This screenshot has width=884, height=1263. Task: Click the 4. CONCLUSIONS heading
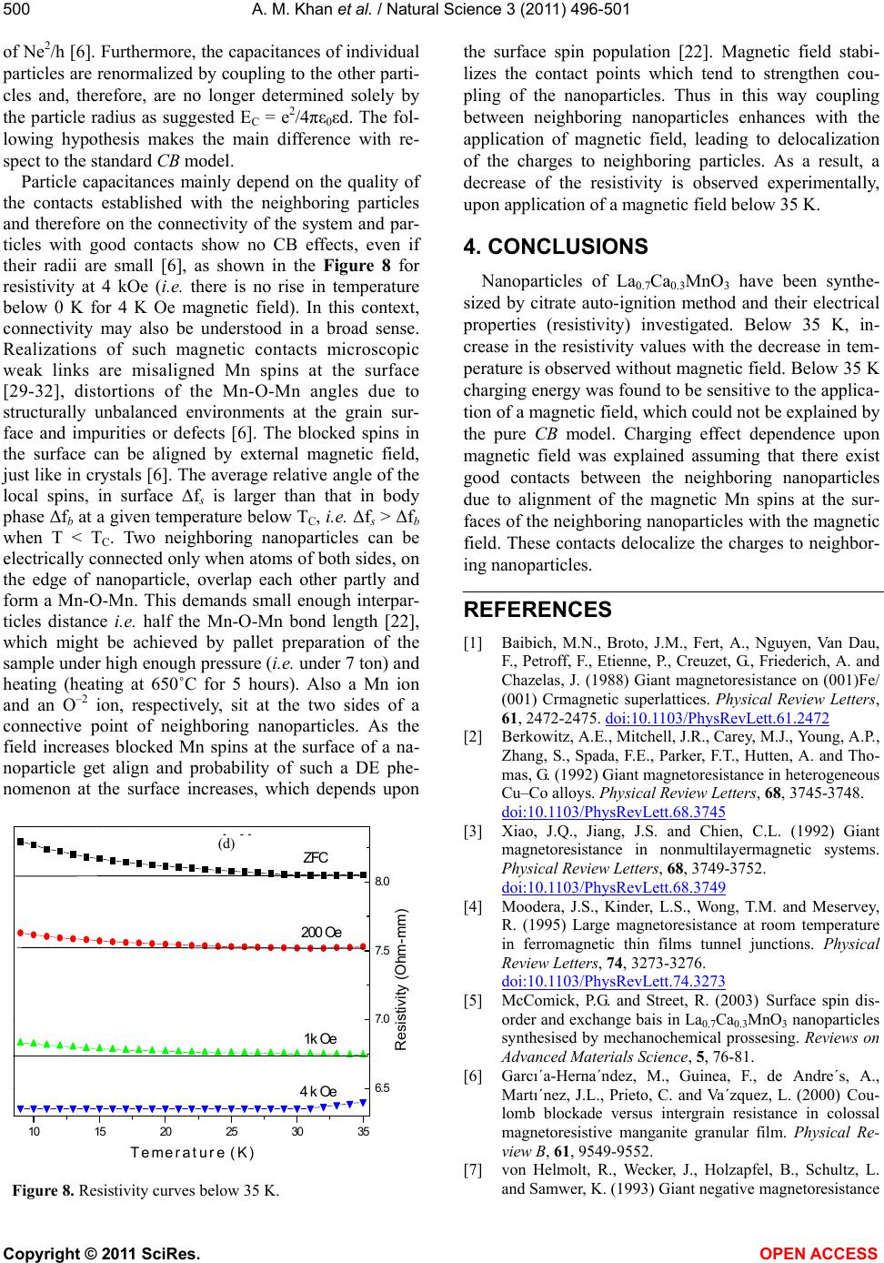pyautogui.click(x=556, y=247)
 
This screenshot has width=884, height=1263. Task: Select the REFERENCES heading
pyautogui.click(x=537, y=610)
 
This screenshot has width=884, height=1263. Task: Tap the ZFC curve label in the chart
pyautogui.click(x=315, y=857)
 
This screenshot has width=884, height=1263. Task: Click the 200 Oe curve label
pyautogui.click(x=321, y=932)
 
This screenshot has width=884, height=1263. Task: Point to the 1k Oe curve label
pyautogui.click(x=320, y=1039)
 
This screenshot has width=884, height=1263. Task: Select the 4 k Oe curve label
pyautogui.click(x=317, y=1092)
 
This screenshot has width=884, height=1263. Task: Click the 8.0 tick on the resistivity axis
pyautogui.click(x=382, y=882)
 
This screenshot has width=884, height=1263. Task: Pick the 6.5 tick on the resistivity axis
pyautogui.click(x=382, y=1088)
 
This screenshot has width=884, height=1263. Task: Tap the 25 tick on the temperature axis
pyautogui.click(x=231, y=1131)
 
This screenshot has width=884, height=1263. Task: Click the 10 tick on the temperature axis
pyautogui.click(x=34, y=1131)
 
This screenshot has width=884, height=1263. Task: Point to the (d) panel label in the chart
pyautogui.click(x=226, y=844)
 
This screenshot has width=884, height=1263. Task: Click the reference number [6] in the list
pyautogui.click(x=473, y=1076)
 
